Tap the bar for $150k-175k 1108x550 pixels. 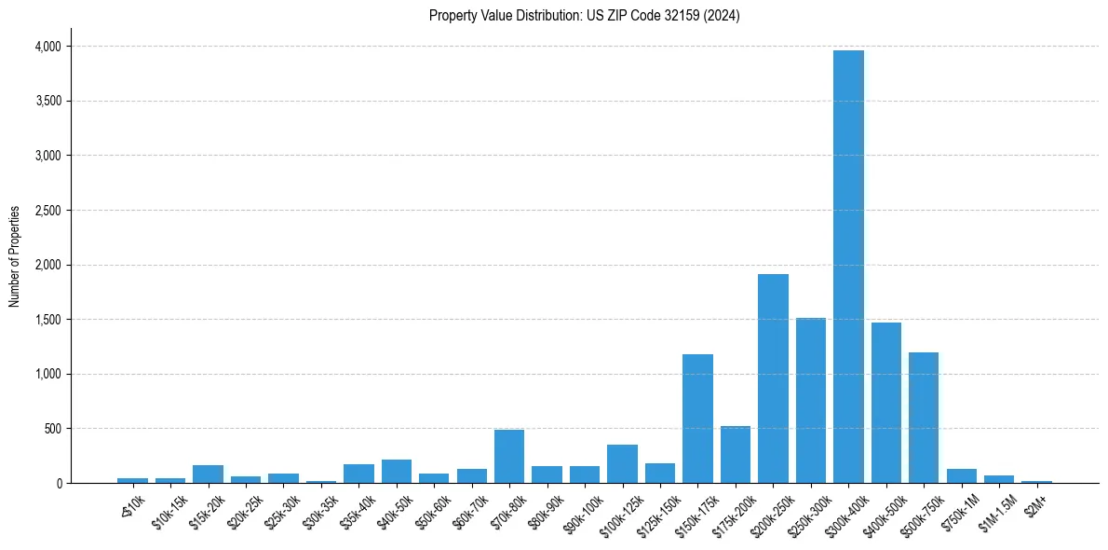[x=697, y=419]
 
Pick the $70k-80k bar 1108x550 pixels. [x=509, y=456]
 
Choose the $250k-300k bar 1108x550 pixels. [x=811, y=400]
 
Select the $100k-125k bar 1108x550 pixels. [x=622, y=463]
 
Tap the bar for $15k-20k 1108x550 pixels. [x=208, y=474]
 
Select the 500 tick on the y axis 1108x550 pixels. [x=52, y=429]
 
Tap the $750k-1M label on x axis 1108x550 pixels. [x=958, y=511]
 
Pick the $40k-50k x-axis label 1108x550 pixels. [x=393, y=511]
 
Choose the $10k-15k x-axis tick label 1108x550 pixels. [x=168, y=511]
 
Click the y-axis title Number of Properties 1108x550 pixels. [x=14, y=255]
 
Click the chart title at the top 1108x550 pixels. [x=584, y=15]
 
